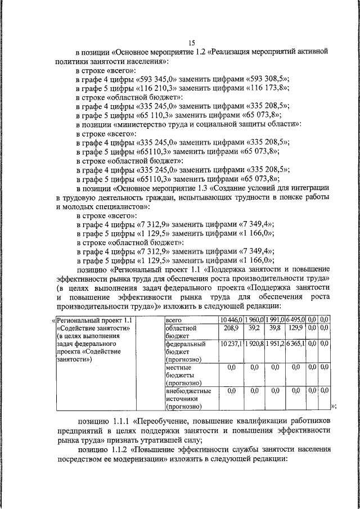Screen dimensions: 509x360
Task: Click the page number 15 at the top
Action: coord(191,43)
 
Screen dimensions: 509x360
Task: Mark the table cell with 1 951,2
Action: coord(275,344)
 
